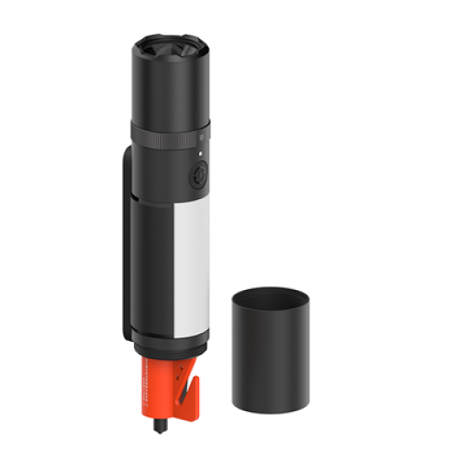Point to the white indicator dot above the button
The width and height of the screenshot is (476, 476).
click(200, 154)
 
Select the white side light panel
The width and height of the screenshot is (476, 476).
click(191, 268)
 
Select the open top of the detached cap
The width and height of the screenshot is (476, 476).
click(270, 297)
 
